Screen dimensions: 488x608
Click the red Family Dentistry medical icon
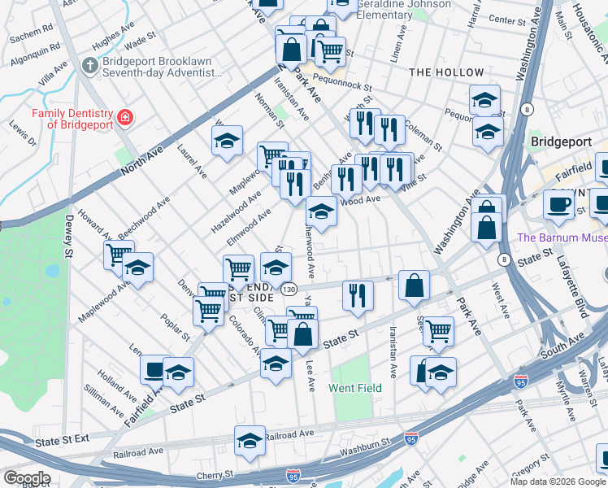[x=125, y=118]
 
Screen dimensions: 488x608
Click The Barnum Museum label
[x=562, y=238]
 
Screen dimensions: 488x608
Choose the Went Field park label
[x=355, y=388]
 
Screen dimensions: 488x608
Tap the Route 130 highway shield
[x=289, y=289]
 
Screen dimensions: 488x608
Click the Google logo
[x=26, y=478]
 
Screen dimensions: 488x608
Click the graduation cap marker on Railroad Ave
[x=250, y=441]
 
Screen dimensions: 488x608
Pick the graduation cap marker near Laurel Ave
[x=228, y=140]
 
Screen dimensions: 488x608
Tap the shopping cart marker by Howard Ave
[x=119, y=255]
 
